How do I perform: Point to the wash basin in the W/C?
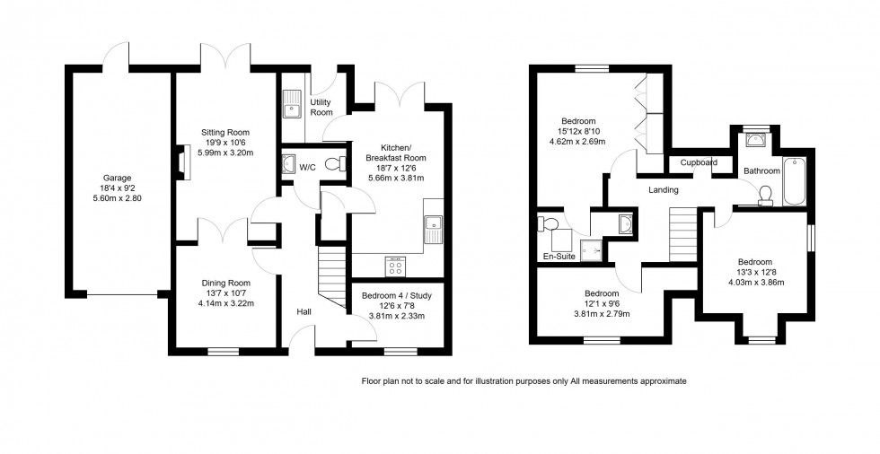pyautogui.click(x=288, y=164)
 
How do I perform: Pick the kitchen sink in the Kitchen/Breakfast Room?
pyautogui.click(x=436, y=229)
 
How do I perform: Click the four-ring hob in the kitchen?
pyautogui.click(x=395, y=266)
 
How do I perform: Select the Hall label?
pyautogui.click(x=304, y=312)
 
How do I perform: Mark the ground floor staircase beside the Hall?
pyautogui.click(x=333, y=275)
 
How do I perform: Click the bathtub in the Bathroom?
pyautogui.click(x=795, y=182)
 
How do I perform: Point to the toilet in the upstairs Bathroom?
pyautogui.click(x=766, y=195)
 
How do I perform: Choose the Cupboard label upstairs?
pyautogui.click(x=699, y=163)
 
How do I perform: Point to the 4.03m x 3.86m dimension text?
pyautogui.click(x=755, y=282)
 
